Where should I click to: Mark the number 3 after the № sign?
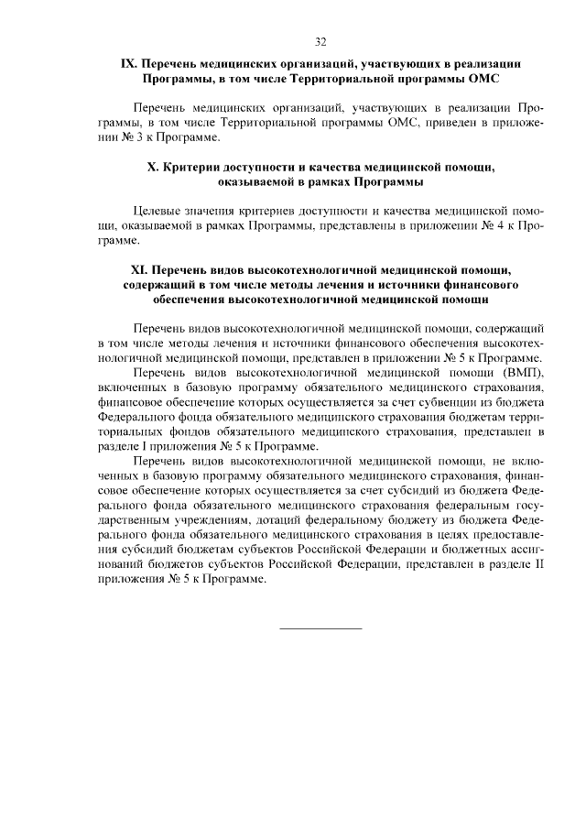pyautogui.click(x=137, y=137)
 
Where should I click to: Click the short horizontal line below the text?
pyautogui.click(x=320, y=628)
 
